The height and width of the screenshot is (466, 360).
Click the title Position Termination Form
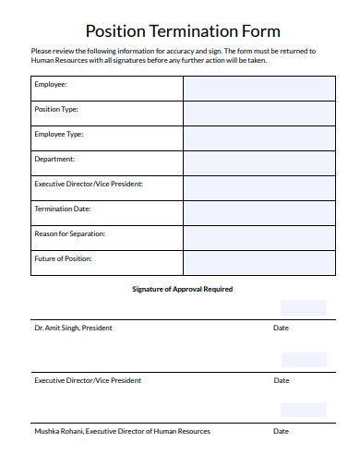click(182, 30)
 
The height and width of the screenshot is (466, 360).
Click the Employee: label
click(51, 84)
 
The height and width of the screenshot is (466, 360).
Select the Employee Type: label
click(59, 134)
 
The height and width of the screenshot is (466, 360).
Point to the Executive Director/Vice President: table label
click(89, 184)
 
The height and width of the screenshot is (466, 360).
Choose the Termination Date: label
click(63, 209)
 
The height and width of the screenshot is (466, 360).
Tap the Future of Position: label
click(64, 258)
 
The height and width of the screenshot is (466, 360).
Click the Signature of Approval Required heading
click(182, 289)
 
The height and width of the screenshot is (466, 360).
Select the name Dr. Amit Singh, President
click(74, 328)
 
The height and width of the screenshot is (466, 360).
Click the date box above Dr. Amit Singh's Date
click(303, 307)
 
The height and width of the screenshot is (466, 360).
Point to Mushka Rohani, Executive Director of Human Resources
click(122, 431)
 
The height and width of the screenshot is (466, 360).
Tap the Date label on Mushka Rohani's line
click(281, 431)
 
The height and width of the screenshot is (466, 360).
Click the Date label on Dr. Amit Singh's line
click(281, 328)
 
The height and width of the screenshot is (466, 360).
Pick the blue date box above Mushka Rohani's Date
click(303, 411)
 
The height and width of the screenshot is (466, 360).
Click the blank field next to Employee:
click(258, 88)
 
